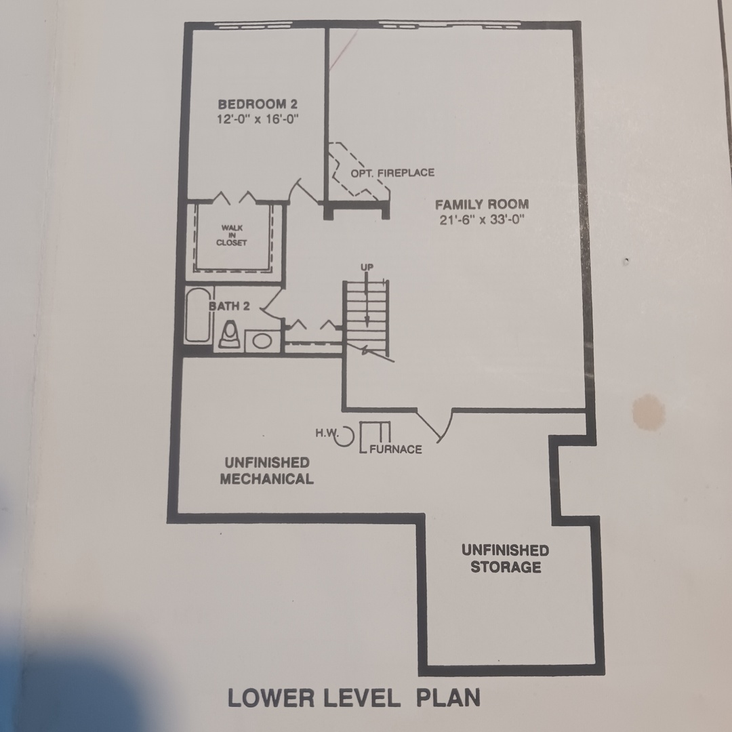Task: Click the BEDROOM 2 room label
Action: pos(258,104)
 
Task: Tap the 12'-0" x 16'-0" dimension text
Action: pos(258,119)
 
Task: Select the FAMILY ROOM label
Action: pos(482,205)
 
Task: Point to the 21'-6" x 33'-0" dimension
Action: pos(482,220)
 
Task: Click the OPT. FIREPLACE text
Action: pos(392,173)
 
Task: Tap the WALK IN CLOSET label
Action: pos(232,235)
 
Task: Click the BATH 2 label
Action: pos(229,306)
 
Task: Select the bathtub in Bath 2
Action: pos(197,316)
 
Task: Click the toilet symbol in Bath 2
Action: pos(230,335)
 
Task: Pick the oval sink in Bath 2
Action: pos(262,341)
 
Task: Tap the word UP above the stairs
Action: pos(367,268)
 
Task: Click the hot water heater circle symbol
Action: pos(345,436)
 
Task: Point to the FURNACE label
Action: pos(396,449)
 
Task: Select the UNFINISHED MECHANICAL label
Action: pos(266,470)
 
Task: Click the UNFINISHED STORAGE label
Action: pos(506,558)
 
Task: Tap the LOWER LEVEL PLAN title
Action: pos(354,698)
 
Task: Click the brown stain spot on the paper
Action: pos(649,412)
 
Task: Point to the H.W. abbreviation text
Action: pos(326,432)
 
